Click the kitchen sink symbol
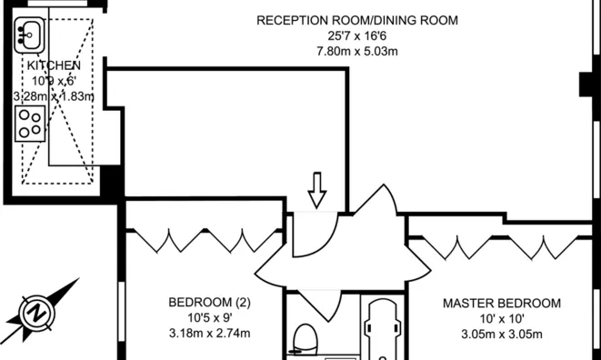29,35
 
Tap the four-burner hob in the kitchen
30,124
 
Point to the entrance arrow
317,191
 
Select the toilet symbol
306,340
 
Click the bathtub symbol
384,329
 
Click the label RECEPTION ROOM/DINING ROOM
356,20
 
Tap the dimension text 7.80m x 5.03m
356,51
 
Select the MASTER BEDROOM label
502,304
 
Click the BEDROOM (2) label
209,303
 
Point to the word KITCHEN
54,65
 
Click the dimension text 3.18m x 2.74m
209,333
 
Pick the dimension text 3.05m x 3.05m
502,334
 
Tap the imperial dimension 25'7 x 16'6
356,36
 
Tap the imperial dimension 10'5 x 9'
209,318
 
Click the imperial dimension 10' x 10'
502,318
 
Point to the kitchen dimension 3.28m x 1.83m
54,96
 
